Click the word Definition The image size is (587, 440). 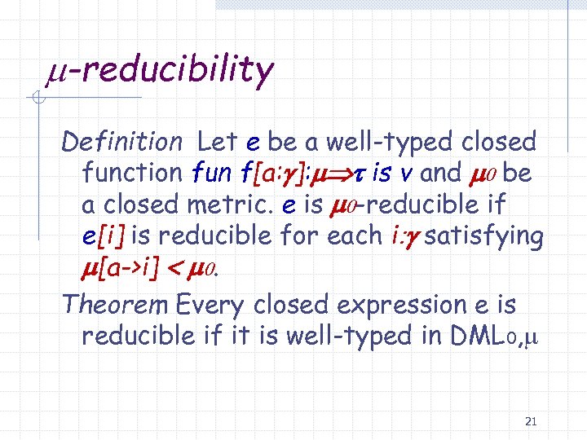click(122, 142)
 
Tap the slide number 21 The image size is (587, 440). click(531, 421)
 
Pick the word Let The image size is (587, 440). click(218, 142)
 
